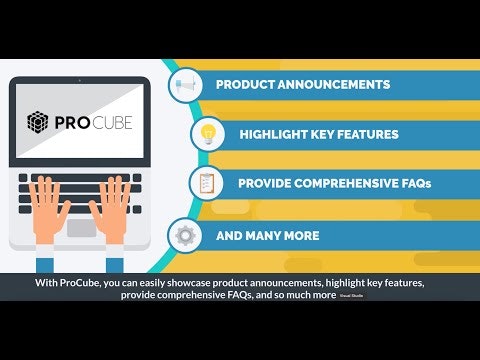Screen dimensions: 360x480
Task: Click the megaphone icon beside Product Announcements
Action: [187, 85]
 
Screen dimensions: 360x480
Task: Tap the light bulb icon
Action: [208, 133]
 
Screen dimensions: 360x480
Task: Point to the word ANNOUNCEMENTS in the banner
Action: [336, 85]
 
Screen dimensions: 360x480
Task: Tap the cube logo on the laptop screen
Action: [37, 124]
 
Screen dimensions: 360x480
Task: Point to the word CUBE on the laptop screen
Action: [113, 124]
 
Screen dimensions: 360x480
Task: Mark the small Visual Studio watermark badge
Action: [351, 297]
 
